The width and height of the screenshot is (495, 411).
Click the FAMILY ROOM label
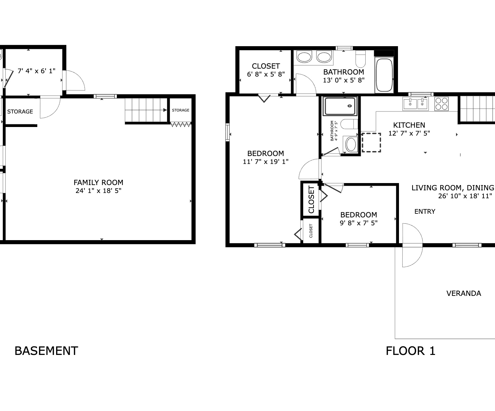coord(98,182)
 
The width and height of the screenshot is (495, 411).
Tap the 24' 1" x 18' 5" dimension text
coord(98,191)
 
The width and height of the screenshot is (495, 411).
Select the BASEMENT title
coord(46,351)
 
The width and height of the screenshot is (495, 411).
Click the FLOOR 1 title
coord(411,351)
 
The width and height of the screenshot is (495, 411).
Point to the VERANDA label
coord(464,294)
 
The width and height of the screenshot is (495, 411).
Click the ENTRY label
coord(425,211)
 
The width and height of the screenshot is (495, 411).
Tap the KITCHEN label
coord(409,125)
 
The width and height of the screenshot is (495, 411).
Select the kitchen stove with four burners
coord(442,104)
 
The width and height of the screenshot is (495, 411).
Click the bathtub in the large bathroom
coord(384,75)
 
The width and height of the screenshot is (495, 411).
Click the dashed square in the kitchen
coord(371,142)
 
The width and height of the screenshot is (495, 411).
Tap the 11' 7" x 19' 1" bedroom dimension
coord(266,162)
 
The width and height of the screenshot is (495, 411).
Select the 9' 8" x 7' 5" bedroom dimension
coord(359,223)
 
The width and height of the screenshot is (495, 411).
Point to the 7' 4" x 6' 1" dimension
coord(37,71)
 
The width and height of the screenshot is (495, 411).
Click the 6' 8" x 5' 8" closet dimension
coord(266,75)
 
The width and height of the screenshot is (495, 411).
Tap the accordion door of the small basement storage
coord(181,124)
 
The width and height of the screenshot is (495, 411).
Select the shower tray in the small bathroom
coord(340,106)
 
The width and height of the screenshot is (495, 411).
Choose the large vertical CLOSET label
coord(311,200)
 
